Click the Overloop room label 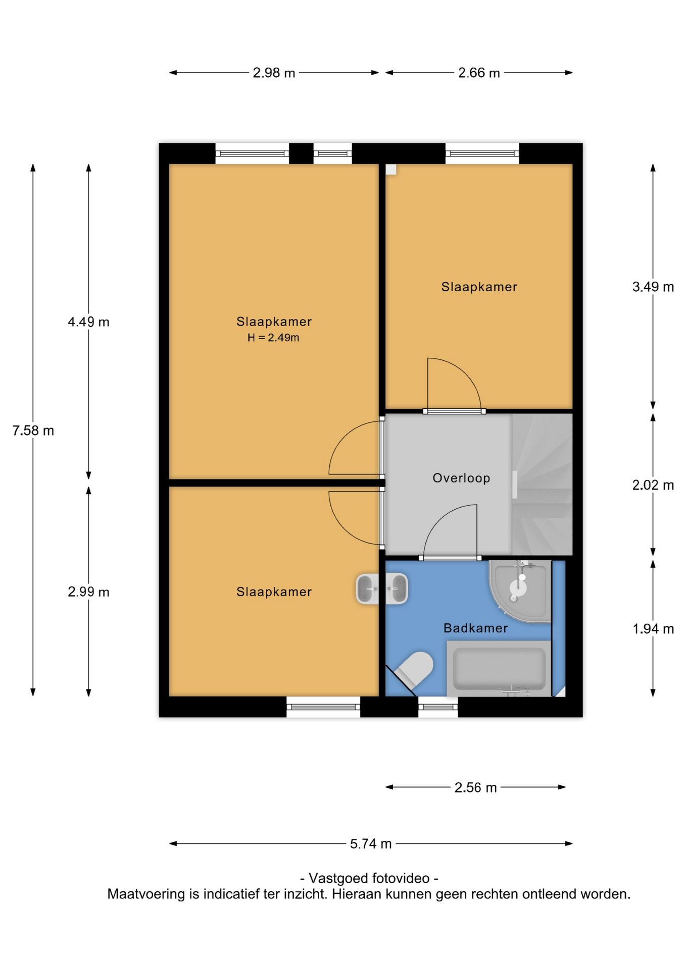(461, 478)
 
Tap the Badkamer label (475, 628)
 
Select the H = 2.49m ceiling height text (273, 338)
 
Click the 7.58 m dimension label (33, 430)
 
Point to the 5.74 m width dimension (371, 843)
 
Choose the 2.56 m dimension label (475, 787)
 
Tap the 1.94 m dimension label (653, 629)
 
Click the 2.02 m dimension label (653, 485)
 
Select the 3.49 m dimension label (653, 287)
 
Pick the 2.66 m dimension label (479, 73)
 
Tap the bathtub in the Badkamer (499, 669)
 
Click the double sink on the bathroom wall (382, 588)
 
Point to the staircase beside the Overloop (542, 484)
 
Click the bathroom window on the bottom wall (438, 707)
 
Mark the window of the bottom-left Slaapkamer (323, 707)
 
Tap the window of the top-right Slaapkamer (482, 153)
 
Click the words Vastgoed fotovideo (369, 878)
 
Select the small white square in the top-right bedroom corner (391, 170)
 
